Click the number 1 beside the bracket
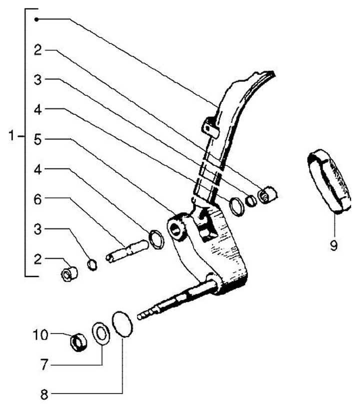point(12,136)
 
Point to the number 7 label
point(44,366)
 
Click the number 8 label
point(44,395)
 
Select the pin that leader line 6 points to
point(127,250)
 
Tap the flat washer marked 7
point(101,334)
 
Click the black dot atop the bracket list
point(36,19)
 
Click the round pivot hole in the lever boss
point(176,229)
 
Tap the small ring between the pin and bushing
point(92,264)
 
